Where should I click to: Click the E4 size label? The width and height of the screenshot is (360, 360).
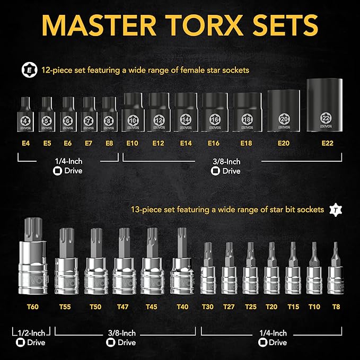[26, 143]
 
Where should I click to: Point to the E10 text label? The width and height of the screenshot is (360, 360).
[133, 143]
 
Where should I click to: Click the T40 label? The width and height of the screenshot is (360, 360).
[183, 307]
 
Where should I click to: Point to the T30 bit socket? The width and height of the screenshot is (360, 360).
[208, 270]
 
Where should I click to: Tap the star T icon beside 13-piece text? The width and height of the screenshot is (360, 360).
[334, 209]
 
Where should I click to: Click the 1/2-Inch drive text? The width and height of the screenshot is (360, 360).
[31, 332]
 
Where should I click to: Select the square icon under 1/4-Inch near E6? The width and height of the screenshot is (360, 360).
[57, 171]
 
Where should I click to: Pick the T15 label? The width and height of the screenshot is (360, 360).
[293, 307]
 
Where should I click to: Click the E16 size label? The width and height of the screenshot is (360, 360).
[213, 143]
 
